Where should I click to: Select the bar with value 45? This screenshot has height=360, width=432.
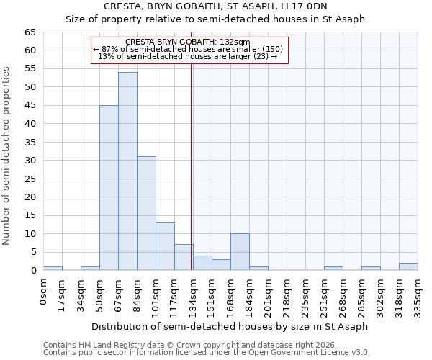click(x=109, y=188)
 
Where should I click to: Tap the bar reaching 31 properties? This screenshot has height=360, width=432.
click(x=146, y=213)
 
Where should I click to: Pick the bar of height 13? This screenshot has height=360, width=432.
click(x=165, y=246)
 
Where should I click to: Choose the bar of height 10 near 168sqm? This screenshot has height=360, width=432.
click(x=240, y=252)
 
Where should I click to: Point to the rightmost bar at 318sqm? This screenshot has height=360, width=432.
click(x=408, y=266)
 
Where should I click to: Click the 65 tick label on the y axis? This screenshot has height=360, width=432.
click(x=30, y=32)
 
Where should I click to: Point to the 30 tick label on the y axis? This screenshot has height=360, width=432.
click(x=30, y=161)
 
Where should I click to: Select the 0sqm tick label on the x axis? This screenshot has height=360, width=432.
click(x=43, y=292)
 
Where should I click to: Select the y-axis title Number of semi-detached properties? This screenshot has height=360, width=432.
click(x=6, y=156)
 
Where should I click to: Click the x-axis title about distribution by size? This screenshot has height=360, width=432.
click(x=230, y=326)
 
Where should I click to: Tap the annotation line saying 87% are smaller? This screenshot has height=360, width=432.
click(x=188, y=49)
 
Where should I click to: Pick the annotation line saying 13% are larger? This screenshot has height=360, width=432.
click(x=188, y=57)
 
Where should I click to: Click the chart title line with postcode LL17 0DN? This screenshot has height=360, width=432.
click(x=216, y=6)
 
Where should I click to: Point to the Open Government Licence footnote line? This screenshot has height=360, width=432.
click(x=207, y=353)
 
